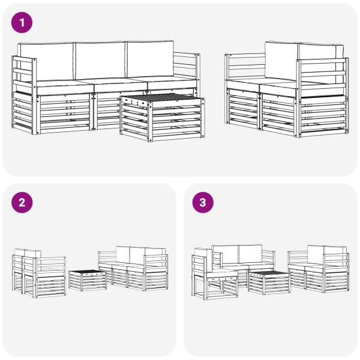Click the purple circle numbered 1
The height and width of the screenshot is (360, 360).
pyautogui.click(x=22, y=23)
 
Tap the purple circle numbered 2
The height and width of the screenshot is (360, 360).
pyautogui.click(x=22, y=203)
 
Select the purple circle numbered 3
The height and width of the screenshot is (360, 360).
pyautogui.click(x=203, y=203)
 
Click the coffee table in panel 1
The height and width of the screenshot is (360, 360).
pyautogui.click(x=163, y=117)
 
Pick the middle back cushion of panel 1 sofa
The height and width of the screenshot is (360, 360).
pyautogui.click(x=100, y=61)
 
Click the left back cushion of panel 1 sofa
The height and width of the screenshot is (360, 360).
pyautogui.click(x=47, y=62)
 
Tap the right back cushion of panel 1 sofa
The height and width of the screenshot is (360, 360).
pyautogui.click(x=150, y=59)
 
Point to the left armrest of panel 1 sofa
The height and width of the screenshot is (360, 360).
pyautogui.click(x=24, y=95)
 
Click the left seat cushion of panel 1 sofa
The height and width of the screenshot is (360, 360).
pyautogui.click(x=65, y=88)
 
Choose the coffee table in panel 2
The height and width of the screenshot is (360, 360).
pyautogui.click(x=88, y=280)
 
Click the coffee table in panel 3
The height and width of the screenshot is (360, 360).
pyautogui.click(x=269, y=283)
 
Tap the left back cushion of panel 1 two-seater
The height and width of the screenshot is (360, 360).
pyautogui.click(x=282, y=61)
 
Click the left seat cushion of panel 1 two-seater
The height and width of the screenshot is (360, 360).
pyautogui.click(x=243, y=85)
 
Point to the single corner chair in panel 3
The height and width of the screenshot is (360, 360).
pyautogui.click(x=214, y=274)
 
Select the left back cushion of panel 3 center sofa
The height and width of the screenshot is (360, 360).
pyautogui.click(x=226, y=254)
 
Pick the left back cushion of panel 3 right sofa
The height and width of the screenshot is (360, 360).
pyautogui.click(x=316, y=255)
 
